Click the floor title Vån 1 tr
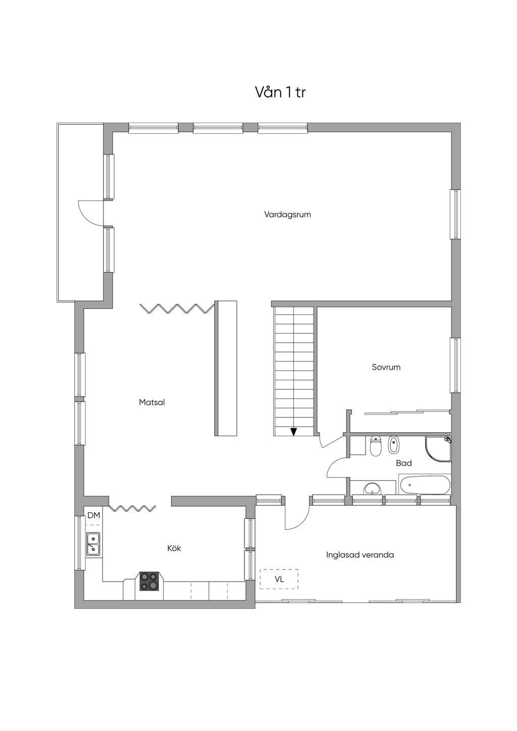point(280,92)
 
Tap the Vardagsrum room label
point(287,215)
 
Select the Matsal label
point(152,402)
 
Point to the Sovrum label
point(386,367)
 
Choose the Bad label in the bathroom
point(404,463)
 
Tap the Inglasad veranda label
point(360,555)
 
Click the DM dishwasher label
point(94,515)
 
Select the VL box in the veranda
point(279,579)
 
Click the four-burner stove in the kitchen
point(149,581)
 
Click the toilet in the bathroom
point(376,446)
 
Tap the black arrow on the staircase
point(294,432)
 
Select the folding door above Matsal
point(177,308)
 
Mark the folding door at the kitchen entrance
point(132,508)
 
